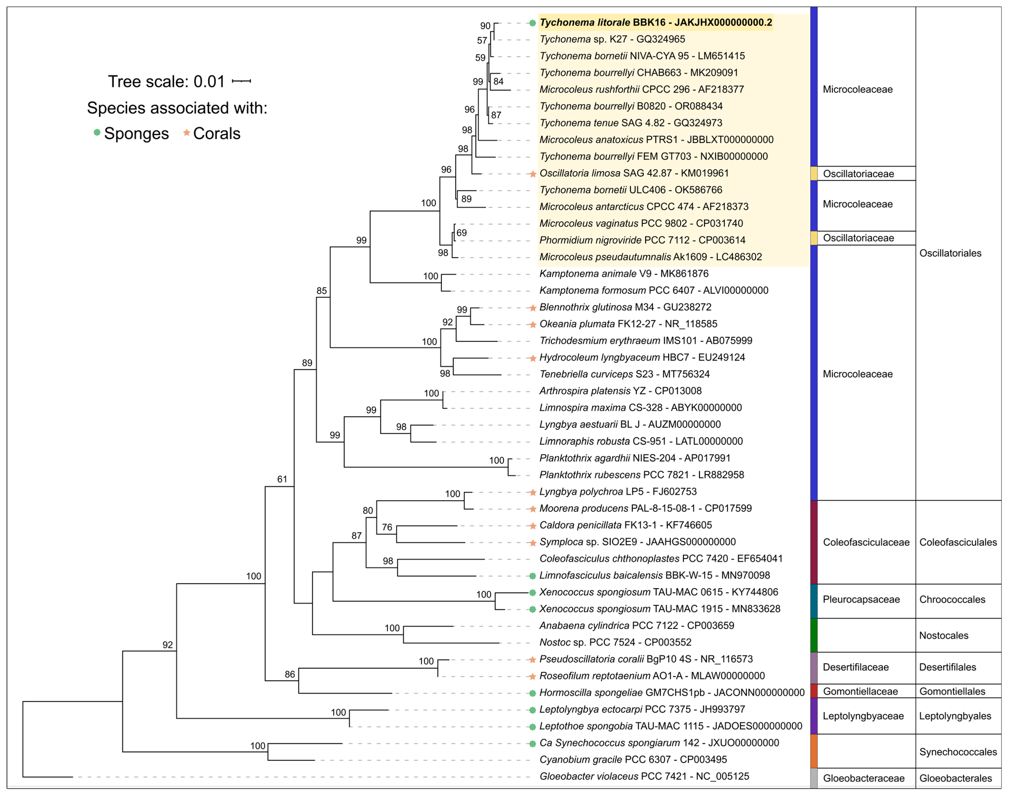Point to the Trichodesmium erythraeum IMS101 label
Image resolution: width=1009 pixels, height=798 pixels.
[x=646, y=341]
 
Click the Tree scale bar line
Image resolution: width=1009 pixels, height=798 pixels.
[x=241, y=81]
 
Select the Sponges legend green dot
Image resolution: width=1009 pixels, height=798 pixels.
[x=97, y=133]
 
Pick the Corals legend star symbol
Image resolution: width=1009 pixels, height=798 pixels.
[x=186, y=133]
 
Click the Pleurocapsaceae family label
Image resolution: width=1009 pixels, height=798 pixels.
[x=861, y=599]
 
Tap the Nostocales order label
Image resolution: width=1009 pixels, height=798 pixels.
[x=944, y=635]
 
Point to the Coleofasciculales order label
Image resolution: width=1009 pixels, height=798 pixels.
[x=958, y=542]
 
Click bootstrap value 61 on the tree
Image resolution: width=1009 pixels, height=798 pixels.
[x=282, y=479]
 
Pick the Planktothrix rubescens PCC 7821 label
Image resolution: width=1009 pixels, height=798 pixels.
[x=641, y=475]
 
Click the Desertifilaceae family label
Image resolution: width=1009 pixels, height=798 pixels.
[x=855, y=667]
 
